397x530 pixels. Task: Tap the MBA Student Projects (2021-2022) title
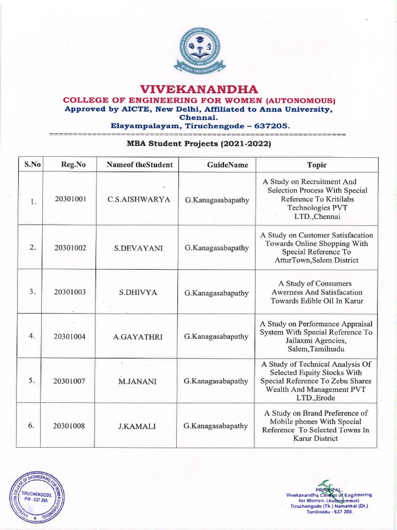[x=199, y=143]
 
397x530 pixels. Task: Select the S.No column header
[x=30, y=165]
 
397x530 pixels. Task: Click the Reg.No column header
[x=73, y=165]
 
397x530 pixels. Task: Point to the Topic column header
[x=317, y=165]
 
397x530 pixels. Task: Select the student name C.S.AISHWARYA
[x=138, y=199]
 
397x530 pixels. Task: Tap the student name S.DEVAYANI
[x=138, y=248]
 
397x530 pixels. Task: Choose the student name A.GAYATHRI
[x=138, y=336]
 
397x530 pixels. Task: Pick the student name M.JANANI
[x=138, y=381]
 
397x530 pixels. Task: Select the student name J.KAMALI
[x=138, y=426]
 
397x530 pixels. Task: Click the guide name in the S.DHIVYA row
[x=217, y=292]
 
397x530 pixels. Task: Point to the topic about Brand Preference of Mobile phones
[x=316, y=425]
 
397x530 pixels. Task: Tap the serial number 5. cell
[x=32, y=380]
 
